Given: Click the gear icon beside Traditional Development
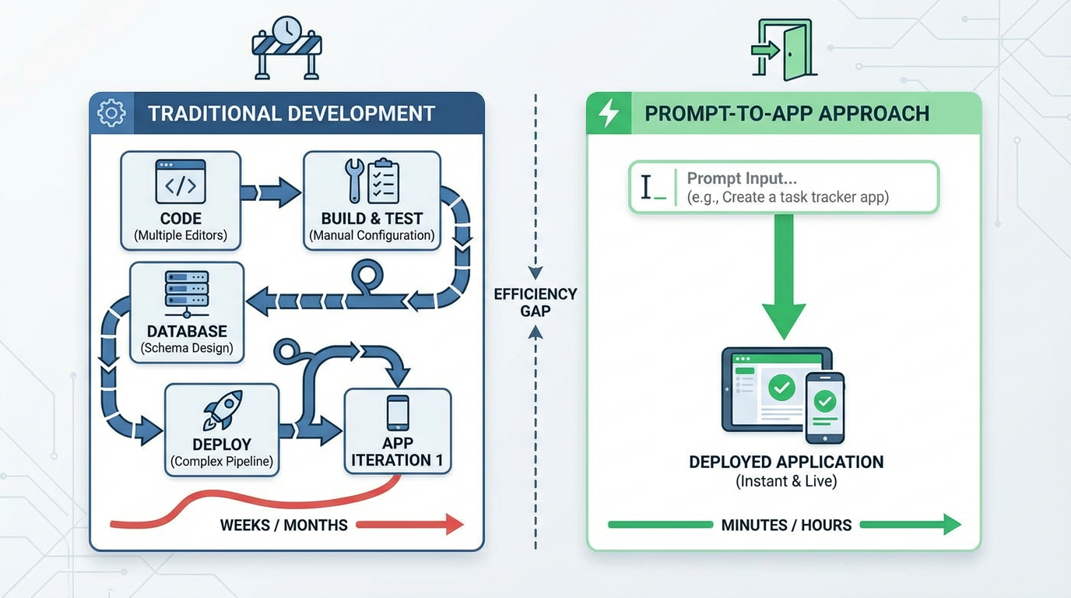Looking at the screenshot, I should tap(111, 114).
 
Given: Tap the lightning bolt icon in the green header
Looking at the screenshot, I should tap(607, 114).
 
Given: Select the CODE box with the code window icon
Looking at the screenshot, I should tap(181, 201).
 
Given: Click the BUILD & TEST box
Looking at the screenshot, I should tap(372, 201).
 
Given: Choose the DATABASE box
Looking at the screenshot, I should tap(187, 313).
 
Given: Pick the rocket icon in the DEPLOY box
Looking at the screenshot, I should tap(222, 410).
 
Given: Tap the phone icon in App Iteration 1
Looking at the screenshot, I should tap(398, 413).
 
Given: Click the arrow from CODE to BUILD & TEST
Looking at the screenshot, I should tap(271, 192).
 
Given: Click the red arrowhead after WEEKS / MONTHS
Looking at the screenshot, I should tap(454, 525).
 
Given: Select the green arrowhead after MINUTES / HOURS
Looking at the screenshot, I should tap(951, 525).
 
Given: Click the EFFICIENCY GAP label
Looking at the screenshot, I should tap(535, 302).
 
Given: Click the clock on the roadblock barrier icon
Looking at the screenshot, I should tap(287, 30).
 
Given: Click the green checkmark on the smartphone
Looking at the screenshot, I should tap(825, 402).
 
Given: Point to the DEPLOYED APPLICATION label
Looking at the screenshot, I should tap(786, 462).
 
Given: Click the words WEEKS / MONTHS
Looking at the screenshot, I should tap(284, 525).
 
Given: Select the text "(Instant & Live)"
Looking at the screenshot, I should tap(786, 482).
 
